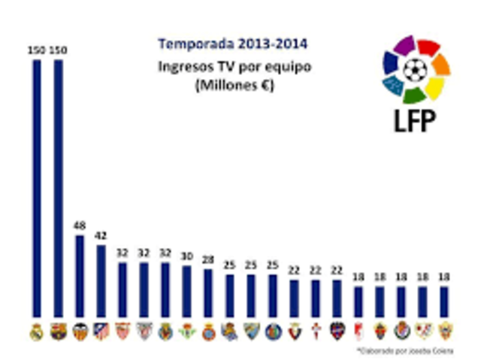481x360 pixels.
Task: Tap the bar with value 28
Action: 208,292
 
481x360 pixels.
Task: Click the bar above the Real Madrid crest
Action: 37,188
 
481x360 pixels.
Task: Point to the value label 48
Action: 80,225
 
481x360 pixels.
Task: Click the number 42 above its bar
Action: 101,235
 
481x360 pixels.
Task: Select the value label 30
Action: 186,255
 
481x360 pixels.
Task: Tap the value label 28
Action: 208,260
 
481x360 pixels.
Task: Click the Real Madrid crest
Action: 37,331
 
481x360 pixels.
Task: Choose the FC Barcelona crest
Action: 58,331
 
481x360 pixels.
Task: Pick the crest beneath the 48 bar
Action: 80,331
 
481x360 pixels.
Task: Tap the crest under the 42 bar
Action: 101,331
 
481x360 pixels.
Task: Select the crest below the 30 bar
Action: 186,331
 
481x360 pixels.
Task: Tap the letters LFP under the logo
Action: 416,120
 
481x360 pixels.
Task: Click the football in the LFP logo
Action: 415,70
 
